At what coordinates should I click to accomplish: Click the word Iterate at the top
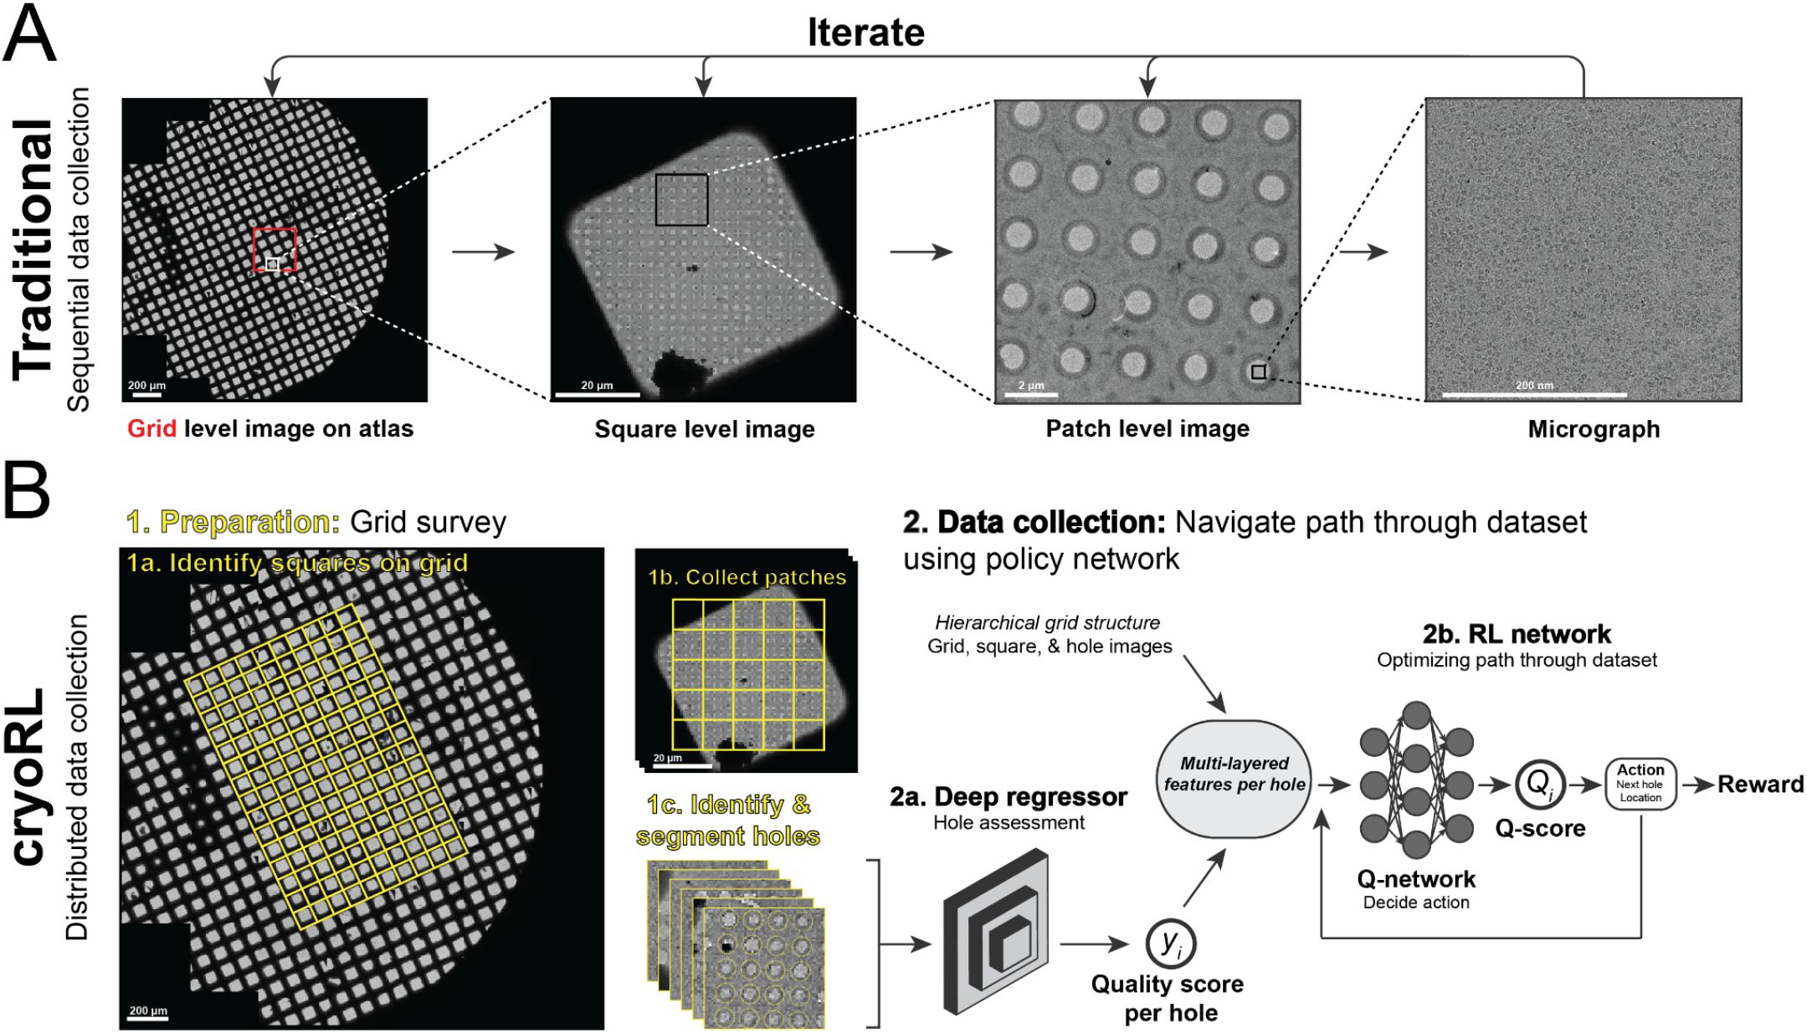865,33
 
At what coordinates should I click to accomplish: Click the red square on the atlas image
275,249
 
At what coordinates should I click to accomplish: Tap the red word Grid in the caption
151,429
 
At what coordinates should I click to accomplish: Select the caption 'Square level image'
704,429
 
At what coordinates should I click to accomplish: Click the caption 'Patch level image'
1147,429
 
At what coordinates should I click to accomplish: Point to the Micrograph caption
1594,429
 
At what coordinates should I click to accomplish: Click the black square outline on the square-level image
681,200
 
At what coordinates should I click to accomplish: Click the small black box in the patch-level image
1259,372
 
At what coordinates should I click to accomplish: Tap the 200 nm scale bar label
1534,386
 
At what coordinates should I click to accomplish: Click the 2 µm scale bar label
1031,386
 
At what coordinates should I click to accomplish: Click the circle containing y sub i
1170,944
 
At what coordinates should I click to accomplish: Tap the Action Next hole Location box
1640,784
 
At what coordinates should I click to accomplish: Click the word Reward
1760,785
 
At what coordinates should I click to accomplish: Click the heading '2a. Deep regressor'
1009,797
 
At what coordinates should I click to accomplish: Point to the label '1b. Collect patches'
747,577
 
